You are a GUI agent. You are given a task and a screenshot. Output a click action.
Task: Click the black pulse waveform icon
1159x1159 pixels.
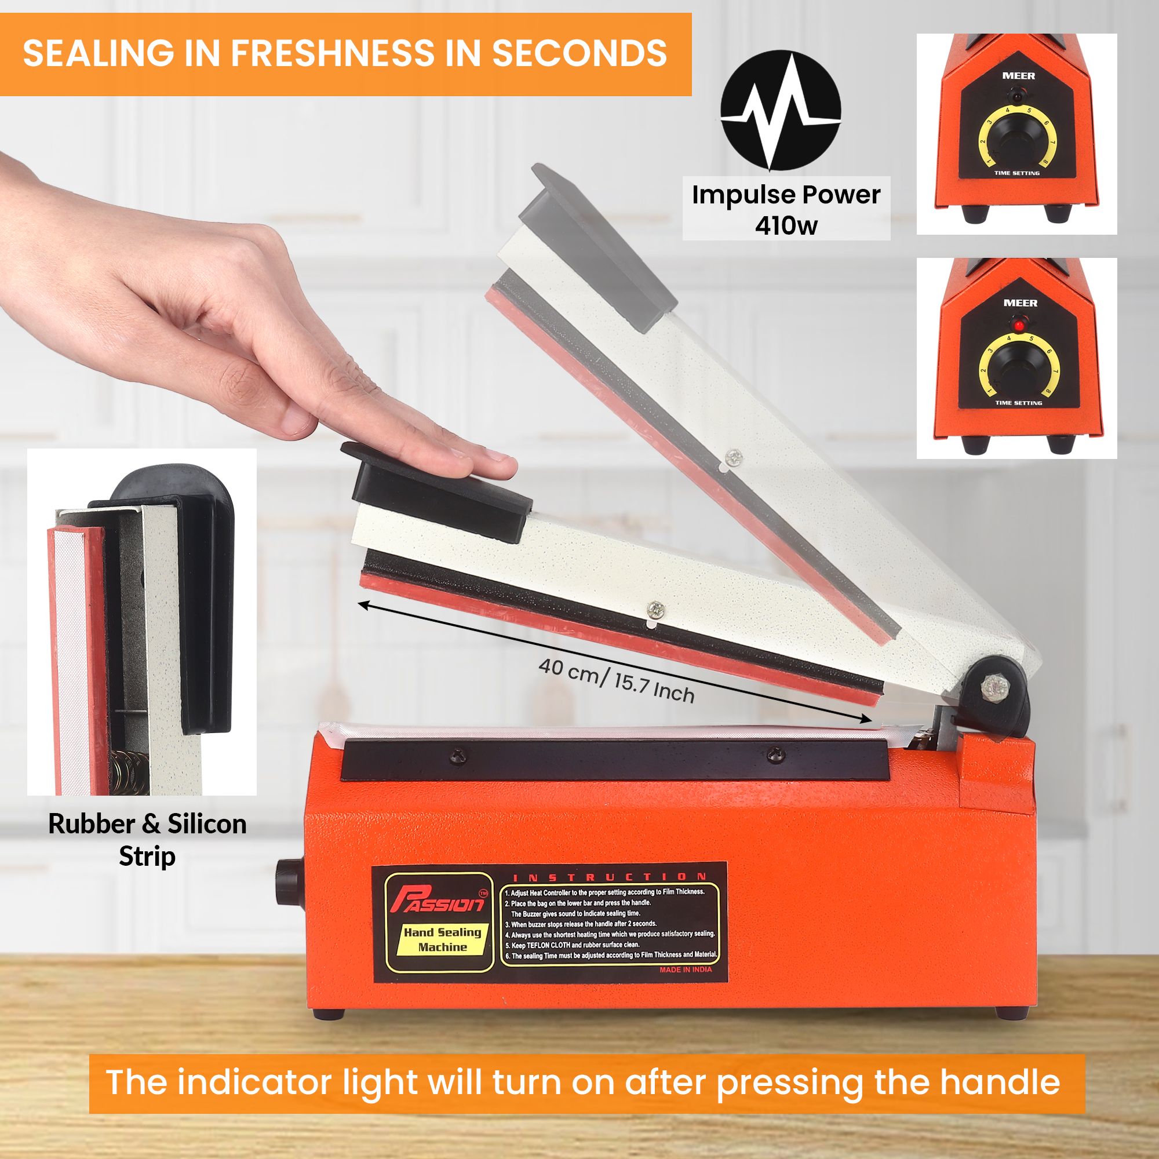click(781, 111)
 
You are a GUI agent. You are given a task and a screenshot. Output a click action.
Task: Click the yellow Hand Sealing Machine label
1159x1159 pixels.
click(443, 939)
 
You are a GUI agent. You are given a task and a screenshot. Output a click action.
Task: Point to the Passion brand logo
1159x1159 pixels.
click(439, 900)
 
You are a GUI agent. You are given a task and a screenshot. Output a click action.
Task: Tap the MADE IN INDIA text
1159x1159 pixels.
click(686, 970)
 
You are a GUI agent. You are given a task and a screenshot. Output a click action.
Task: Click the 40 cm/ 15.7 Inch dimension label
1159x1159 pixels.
click(616, 681)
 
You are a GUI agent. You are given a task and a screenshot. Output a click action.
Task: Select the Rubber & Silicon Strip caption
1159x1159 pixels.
click(147, 840)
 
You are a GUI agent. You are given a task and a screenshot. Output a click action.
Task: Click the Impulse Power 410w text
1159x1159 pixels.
click(786, 209)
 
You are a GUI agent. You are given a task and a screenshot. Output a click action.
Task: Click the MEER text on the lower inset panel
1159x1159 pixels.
click(1020, 303)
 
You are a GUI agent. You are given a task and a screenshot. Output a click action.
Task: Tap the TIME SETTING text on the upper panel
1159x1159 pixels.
click(1017, 173)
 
